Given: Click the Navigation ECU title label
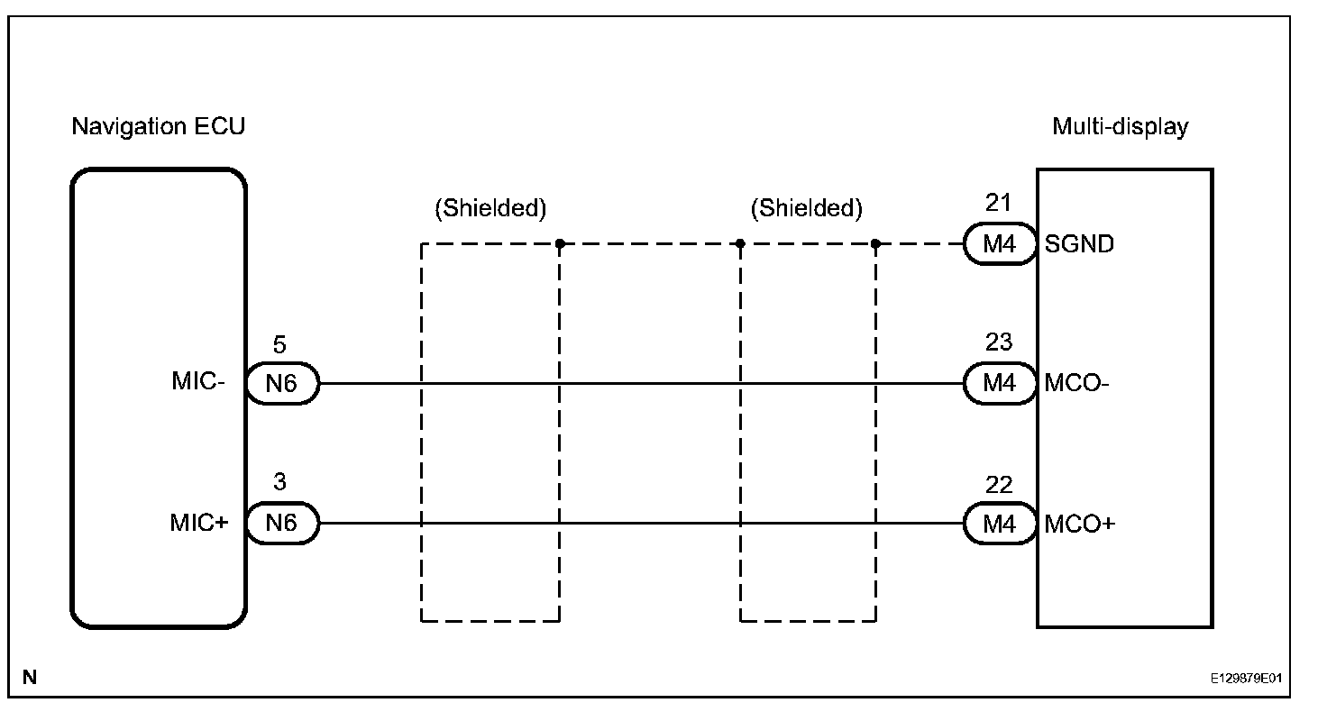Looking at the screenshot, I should [x=158, y=127].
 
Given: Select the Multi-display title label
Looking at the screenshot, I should [x=1120, y=127].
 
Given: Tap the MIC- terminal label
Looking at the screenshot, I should [x=198, y=382].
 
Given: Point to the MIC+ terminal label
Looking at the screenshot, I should [x=198, y=523].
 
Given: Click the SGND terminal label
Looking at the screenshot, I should [x=1079, y=243].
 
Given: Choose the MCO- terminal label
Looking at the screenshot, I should [x=1077, y=383].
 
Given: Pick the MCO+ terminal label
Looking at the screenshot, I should [x=1079, y=524].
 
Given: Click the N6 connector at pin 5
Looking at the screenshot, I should [x=281, y=384].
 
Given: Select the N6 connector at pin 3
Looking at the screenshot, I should [x=281, y=524].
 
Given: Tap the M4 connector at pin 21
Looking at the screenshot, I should [x=999, y=244].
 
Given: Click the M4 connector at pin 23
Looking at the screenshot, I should [x=999, y=384].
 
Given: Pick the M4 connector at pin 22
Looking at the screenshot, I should [x=999, y=524].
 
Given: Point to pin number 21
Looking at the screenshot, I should [x=998, y=203].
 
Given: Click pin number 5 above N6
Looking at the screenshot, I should [x=280, y=344].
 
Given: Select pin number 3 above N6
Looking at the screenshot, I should [x=280, y=483].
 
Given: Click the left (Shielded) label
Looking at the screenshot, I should [x=490, y=209].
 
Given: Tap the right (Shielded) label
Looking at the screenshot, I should [x=806, y=209].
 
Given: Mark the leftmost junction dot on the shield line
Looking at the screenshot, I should [x=560, y=243].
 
